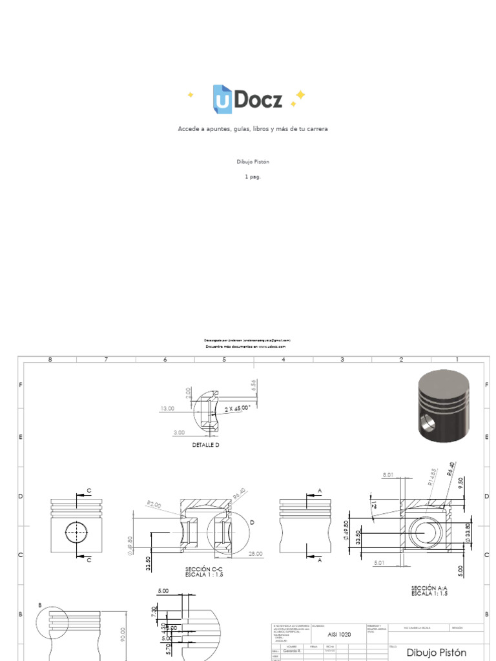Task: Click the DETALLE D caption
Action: pos(207,445)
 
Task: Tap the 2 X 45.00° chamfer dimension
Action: pos(238,409)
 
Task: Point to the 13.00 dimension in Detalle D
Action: pos(167,408)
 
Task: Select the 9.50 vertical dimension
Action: pos(460,485)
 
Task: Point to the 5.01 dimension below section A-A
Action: pos(379,562)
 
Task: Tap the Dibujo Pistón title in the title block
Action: pos(437,653)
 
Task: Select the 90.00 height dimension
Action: pos(123,636)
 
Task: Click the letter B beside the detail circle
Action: pos(40,605)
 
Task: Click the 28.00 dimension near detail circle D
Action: pos(254,553)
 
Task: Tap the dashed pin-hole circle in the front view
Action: pos(76,533)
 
